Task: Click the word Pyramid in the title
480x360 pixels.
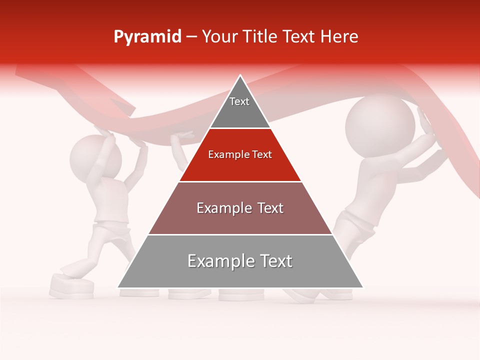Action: [x=147, y=37]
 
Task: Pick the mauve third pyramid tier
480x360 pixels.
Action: [x=240, y=210]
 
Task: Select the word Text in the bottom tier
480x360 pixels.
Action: [x=274, y=261]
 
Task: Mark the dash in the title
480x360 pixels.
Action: [x=191, y=37]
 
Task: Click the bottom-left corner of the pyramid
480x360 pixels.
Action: [x=118, y=287]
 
